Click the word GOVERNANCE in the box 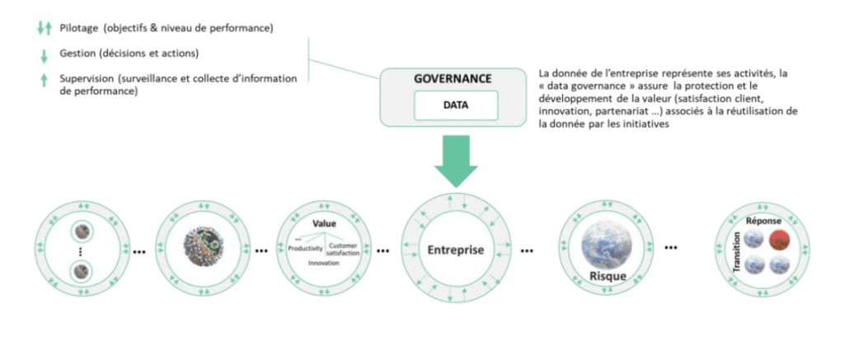pyautogui.click(x=452, y=78)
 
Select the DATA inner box pyautogui.click(x=455, y=105)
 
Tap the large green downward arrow pyautogui.click(x=456, y=161)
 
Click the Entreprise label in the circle pyautogui.click(x=455, y=250)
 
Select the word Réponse pyautogui.click(x=764, y=221)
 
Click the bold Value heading pyautogui.click(x=324, y=223)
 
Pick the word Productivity pyautogui.click(x=305, y=249)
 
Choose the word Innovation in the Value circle pyautogui.click(x=324, y=263)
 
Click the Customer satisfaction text pyautogui.click(x=343, y=249)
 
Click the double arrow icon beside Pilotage pyautogui.click(x=45, y=29)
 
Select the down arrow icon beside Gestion pyautogui.click(x=45, y=56)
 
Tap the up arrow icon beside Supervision pyautogui.click(x=45, y=81)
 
